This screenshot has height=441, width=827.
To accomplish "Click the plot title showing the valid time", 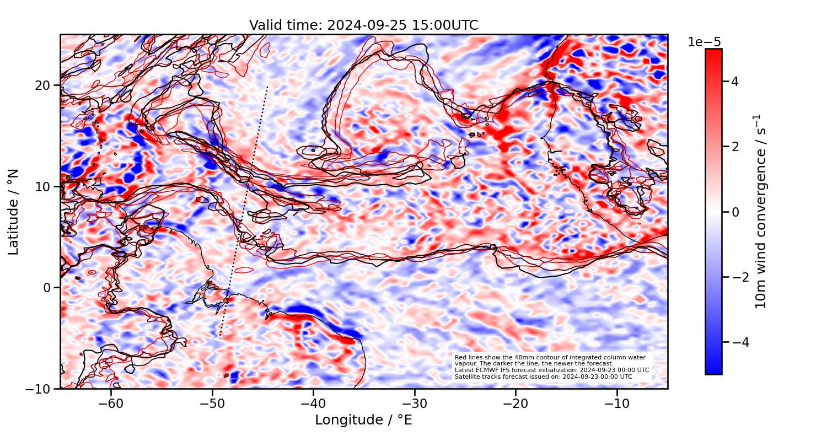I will coord(363,25).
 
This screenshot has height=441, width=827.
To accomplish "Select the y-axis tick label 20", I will coord(44,85).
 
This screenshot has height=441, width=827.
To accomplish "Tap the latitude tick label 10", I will coord(44,186).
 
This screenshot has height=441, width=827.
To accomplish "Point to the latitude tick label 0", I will coord(47,288).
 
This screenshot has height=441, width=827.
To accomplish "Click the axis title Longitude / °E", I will coord(363,420).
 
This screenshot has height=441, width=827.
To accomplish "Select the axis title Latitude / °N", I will coord(14,212).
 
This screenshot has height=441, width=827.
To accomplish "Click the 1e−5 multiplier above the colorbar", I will coord(704,42).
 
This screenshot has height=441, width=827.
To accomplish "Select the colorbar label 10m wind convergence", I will coord(761,212).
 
